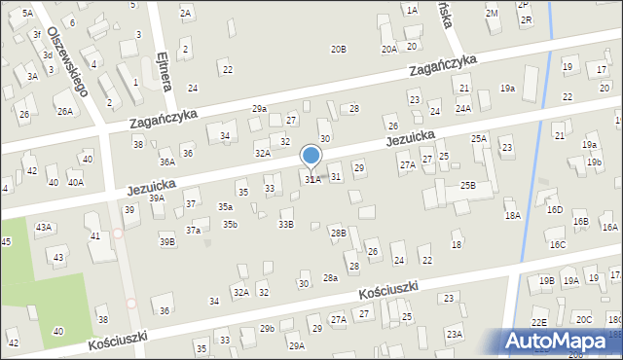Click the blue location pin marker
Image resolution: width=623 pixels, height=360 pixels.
coord(311,156)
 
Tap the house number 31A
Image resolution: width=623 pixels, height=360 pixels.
coord(312,179)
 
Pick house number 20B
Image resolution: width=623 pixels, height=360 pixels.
coord(338,49)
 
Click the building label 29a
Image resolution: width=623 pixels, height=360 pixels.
coord(259,108)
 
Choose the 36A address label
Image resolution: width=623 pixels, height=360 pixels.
coord(167,162)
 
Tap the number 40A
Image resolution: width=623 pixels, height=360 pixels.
coord(75,182)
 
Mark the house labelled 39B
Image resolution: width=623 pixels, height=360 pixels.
coord(167,241)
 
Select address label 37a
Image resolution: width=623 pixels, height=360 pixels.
coord(194,230)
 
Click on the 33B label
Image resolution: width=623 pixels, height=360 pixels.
coord(285,224)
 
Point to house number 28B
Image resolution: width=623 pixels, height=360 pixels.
coord(338,233)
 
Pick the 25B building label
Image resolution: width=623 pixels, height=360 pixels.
coord(468,185)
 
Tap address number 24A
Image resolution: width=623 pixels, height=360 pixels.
coord(462,108)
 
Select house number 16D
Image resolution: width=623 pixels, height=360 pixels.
coord(554,209)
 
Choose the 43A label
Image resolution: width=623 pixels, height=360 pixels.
coord(44,227)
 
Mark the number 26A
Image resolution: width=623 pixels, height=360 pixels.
coord(64,111)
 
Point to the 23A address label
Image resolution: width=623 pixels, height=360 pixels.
coord(454,334)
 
